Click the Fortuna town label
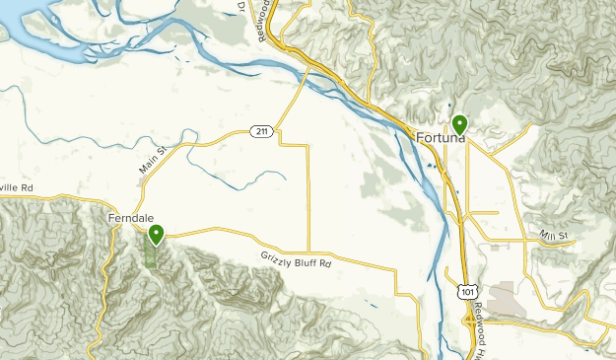(441, 137)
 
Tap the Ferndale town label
(129, 216)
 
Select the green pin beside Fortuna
(459, 124)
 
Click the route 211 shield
(259, 131)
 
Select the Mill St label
(555, 235)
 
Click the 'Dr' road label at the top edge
(240, 7)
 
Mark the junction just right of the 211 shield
(277, 128)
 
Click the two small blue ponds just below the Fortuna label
(432, 168)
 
